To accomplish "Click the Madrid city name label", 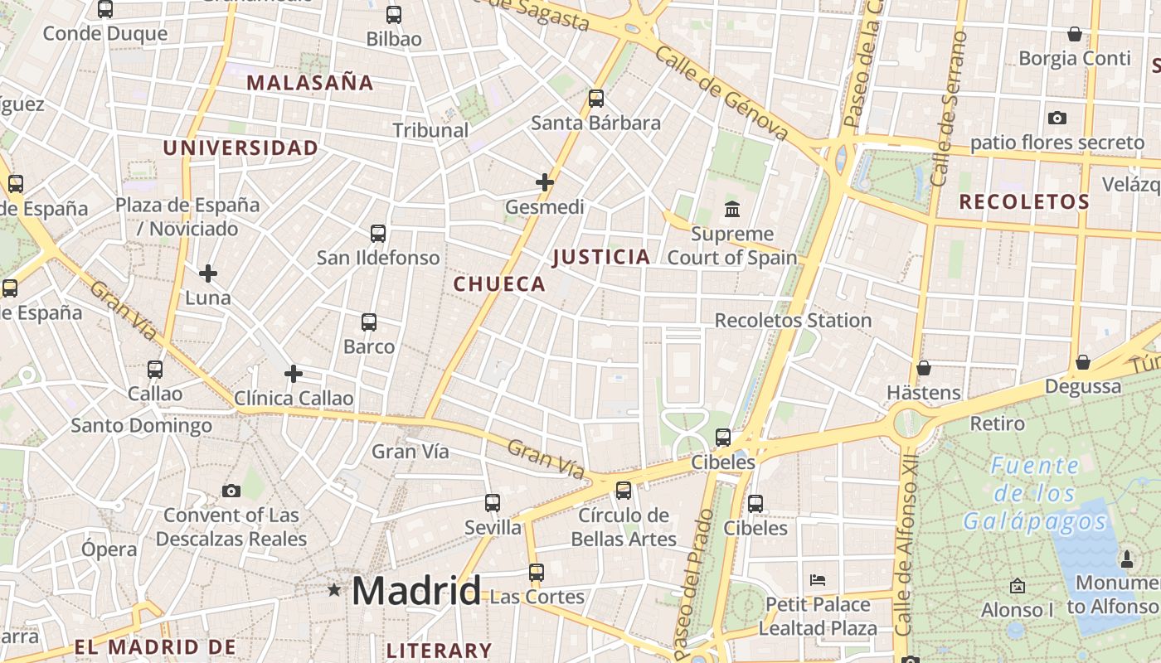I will [415, 591].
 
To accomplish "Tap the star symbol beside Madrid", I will [334, 590].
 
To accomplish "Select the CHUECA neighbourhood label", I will [499, 284].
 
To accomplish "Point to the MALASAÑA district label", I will [310, 83].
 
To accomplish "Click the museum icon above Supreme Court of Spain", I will [732, 208].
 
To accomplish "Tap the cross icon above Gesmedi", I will [545, 182].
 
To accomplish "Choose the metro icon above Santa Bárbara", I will [596, 99].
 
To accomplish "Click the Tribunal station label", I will [430, 130].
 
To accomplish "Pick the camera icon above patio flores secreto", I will [1057, 118].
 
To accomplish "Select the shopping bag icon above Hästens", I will [924, 368].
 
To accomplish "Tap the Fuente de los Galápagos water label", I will [1035, 493].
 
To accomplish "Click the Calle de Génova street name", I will [721, 92].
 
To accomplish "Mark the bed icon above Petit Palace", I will [818, 579].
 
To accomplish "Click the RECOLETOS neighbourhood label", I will [1024, 201].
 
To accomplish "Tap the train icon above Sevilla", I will [493, 502].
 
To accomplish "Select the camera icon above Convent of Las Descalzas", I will [231, 491].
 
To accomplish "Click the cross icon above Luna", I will [208, 273].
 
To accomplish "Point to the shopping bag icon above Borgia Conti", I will [1075, 34].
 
